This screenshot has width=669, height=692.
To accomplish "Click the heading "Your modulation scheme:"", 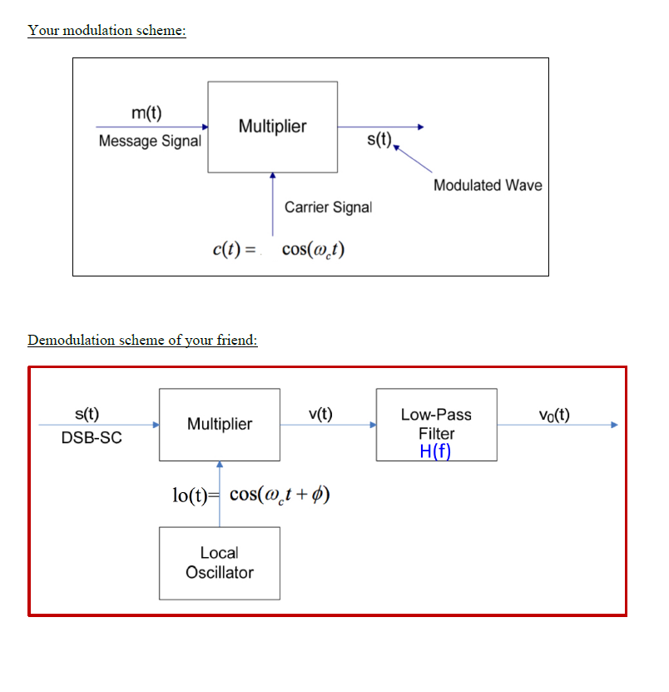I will (x=107, y=31).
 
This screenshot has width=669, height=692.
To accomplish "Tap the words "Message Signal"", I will (x=150, y=141).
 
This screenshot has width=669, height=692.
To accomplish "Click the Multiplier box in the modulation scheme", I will (x=272, y=127).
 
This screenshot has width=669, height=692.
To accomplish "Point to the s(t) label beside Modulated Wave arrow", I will (x=379, y=139).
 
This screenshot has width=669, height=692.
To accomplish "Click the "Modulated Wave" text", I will (x=488, y=185).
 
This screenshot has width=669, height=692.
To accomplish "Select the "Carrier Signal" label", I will (x=328, y=207).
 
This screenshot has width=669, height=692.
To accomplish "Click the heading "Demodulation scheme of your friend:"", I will (x=142, y=341).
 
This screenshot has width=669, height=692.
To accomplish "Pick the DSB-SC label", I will (x=92, y=438).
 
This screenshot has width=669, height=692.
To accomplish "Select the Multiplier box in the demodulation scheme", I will (x=220, y=424).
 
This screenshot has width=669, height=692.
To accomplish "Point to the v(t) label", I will (x=320, y=414).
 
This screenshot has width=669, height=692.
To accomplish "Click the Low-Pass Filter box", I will (x=436, y=424).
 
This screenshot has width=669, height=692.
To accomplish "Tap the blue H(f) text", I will (x=436, y=451).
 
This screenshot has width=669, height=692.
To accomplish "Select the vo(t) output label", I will (x=554, y=415).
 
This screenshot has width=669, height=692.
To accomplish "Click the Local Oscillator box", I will (x=220, y=563).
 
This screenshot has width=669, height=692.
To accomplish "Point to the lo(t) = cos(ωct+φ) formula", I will (x=250, y=495).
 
